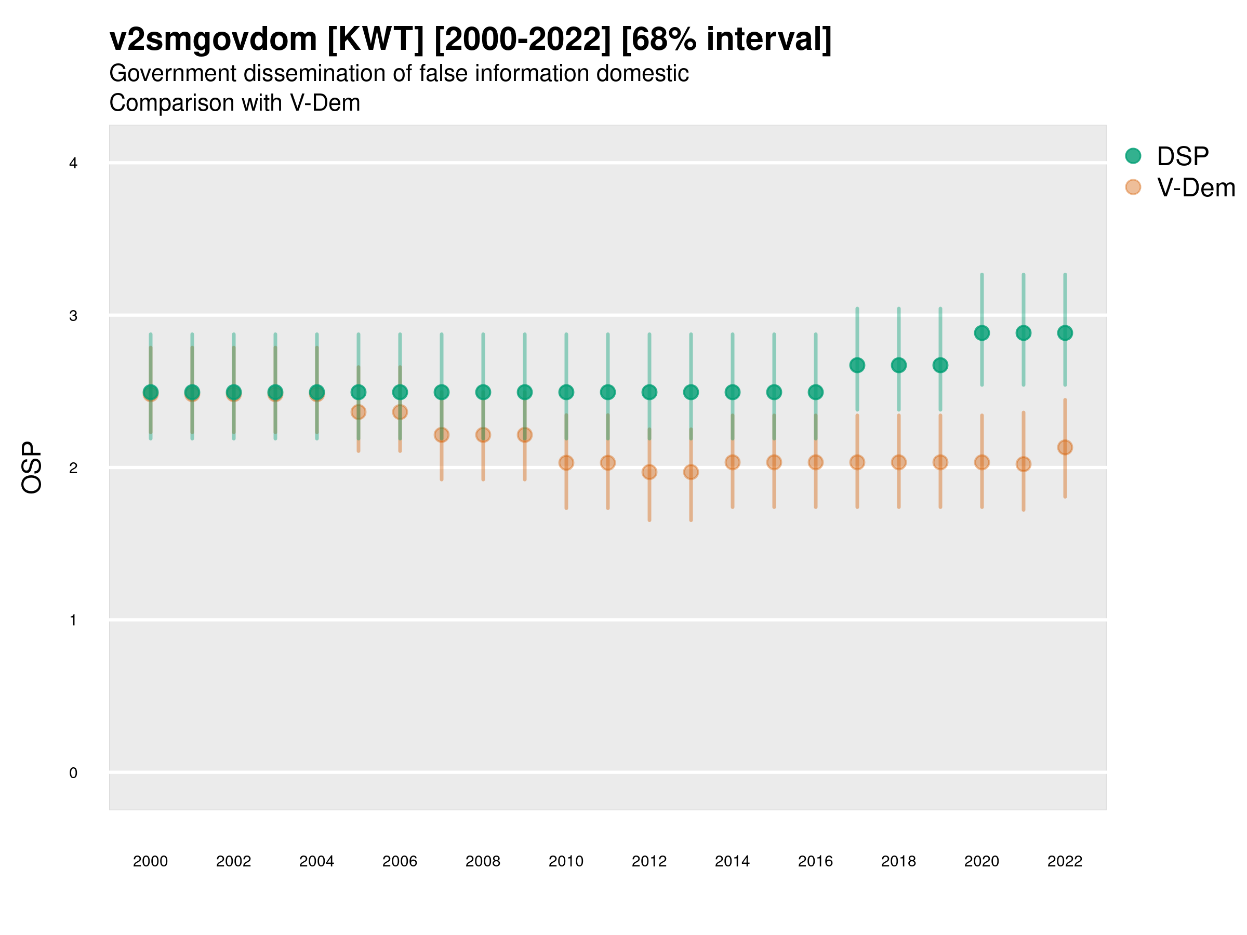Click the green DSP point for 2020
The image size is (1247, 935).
pos(981,333)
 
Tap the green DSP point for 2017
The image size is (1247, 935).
pos(857,365)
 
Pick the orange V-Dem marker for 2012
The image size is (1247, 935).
pos(649,472)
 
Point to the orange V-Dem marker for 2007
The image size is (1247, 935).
pos(442,435)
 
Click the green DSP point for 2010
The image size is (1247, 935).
pos(566,392)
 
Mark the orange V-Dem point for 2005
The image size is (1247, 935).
pos(359,412)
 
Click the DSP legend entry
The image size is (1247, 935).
pos(1182,156)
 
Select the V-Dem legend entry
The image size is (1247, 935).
pos(1195,188)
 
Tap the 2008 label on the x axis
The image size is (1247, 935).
pos(483,861)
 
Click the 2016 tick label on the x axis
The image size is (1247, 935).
pos(815,861)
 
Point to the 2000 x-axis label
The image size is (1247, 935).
pos(151,861)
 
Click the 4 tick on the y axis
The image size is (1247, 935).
pos(73,164)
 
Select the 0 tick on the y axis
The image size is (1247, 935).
pos(73,773)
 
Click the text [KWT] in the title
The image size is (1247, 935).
pos(375,39)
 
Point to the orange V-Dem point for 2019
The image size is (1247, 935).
pos(940,462)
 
